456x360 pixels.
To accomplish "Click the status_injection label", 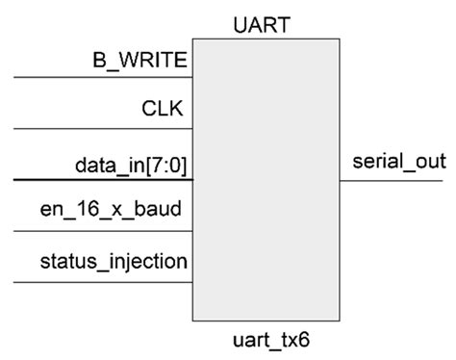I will tap(114, 261).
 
